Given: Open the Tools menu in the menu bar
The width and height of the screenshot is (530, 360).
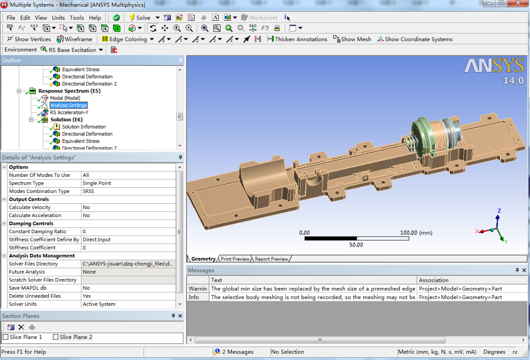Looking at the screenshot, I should pyautogui.click(x=77, y=18).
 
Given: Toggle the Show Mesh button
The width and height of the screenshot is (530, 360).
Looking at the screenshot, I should pyautogui.click(x=352, y=39).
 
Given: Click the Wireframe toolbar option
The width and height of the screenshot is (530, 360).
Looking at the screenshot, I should pyautogui.click(x=75, y=39).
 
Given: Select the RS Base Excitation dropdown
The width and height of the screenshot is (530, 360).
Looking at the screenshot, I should pyautogui.click(x=73, y=50).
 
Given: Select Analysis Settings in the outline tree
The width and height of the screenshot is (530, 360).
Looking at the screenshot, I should pyautogui.click(x=68, y=106).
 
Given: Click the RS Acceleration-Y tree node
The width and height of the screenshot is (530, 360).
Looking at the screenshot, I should pyautogui.click(x=69, y=112).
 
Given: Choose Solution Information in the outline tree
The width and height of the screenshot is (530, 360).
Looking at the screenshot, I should pyautogui.click(x=83, y=127).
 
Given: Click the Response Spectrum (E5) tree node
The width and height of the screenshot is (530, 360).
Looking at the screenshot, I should pyautogui.click(x=69, y=91).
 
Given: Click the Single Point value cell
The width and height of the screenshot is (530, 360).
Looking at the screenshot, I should pyautogui.click(x=97, y=183).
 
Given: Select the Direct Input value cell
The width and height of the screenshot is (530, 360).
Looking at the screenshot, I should pyautogui.click(x=97, y=240).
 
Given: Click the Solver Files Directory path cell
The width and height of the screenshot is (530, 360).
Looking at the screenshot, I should pyautogui.click(x=128, y=264).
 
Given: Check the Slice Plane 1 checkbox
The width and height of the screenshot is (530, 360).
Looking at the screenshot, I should pyautogui.click(x=6, y=337).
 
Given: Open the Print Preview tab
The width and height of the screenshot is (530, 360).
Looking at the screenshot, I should pyautogui.click(x=235, y=259).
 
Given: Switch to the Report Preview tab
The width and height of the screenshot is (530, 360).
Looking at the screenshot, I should pyautogui.click(x=271, y=259).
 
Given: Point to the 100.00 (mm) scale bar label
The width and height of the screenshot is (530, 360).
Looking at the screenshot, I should pyautogui.click(x=415, y=233).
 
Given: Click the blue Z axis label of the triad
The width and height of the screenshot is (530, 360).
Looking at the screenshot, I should pyautogui.click(x=499, y=211).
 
